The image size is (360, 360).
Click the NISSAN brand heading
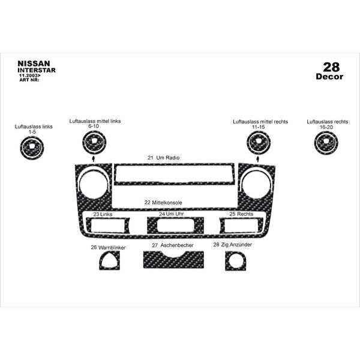[x=34, y=64]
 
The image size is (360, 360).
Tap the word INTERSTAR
[x=37, y=70]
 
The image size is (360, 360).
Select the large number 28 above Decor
[x=331, y=67]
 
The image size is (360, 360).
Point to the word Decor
[x=329, y=76]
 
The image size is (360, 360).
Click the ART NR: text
[x=29, y=80]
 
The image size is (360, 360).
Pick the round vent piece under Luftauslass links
[x=32, y=148]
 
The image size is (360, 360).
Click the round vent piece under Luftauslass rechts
[x=326, y=142]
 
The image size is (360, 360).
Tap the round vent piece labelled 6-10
[x=94, y=142]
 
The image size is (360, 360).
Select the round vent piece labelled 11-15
[x=259, y=142]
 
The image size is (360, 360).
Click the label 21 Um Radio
[x=163, y=158]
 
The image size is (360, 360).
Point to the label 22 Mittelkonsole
[x=163, y=203]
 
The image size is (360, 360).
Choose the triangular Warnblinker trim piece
[x=110, y=260]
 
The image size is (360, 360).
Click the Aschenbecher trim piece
[x=173, y=260]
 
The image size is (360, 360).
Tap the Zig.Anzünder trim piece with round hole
[x=236, y=261]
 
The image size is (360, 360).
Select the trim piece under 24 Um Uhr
[x=175, y=225]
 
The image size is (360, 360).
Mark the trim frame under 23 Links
[x=107, y=226]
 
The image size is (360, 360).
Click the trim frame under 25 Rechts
[x=241, y=225]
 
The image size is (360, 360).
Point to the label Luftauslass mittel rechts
[x=260, y=122]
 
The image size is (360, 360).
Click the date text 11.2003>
[x=29, y=76]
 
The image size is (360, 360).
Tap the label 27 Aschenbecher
[x=173, y=245]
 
